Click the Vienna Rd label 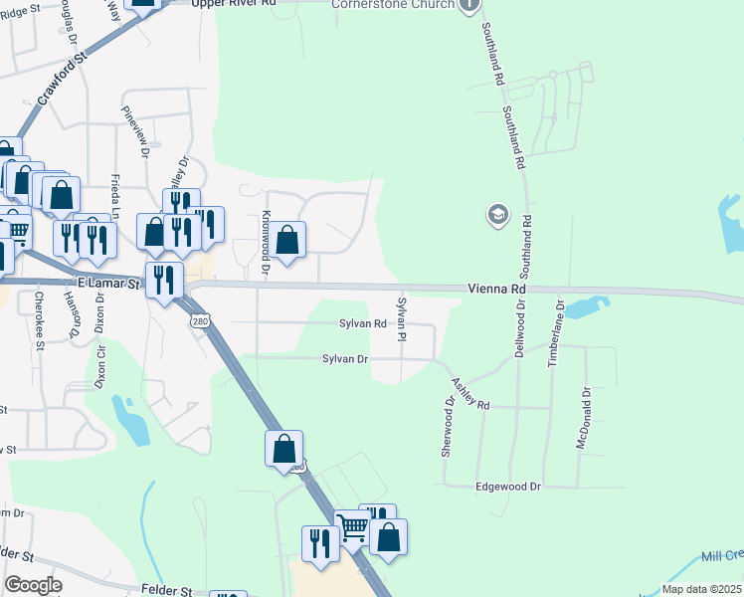pos(495,289)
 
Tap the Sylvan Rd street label pos(362,323)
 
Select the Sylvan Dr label pos(345,358)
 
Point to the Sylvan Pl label pos(403,317)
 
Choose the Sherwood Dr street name pos(448,428)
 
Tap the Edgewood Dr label pos(506,487)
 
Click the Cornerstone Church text pos(393,5)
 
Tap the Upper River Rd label pos(235,3)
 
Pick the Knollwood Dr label pos(266,242)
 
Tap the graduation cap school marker pos(496,215)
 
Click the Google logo pos(34,585)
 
